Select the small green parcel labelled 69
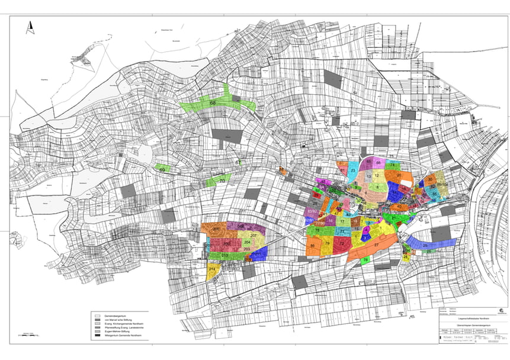point(162,169)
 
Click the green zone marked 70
point(221,180)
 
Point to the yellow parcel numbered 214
point(213,270)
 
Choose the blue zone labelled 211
point(259,253)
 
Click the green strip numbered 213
point(225,256)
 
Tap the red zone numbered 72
point(342,243)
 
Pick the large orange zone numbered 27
point(376,245)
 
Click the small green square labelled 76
point(365,260)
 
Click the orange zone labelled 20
point(399,176)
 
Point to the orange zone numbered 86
point(313,246)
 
